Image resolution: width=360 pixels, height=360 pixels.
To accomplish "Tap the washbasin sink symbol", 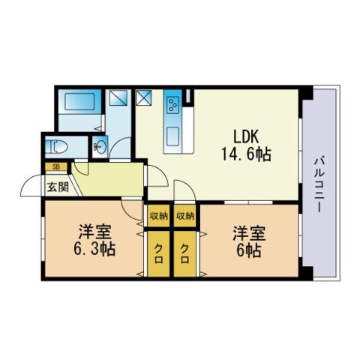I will [100, 146].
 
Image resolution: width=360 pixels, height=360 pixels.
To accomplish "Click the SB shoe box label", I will [55, 166].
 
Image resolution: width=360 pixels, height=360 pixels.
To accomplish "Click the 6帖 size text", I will [246, 250].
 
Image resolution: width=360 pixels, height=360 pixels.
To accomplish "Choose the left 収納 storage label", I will [157, 215].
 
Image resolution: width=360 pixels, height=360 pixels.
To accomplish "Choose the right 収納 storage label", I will [185, 215].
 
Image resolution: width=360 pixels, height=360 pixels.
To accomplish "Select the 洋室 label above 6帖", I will [246, 232].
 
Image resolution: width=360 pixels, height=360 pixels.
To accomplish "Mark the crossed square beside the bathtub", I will [118, 97].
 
